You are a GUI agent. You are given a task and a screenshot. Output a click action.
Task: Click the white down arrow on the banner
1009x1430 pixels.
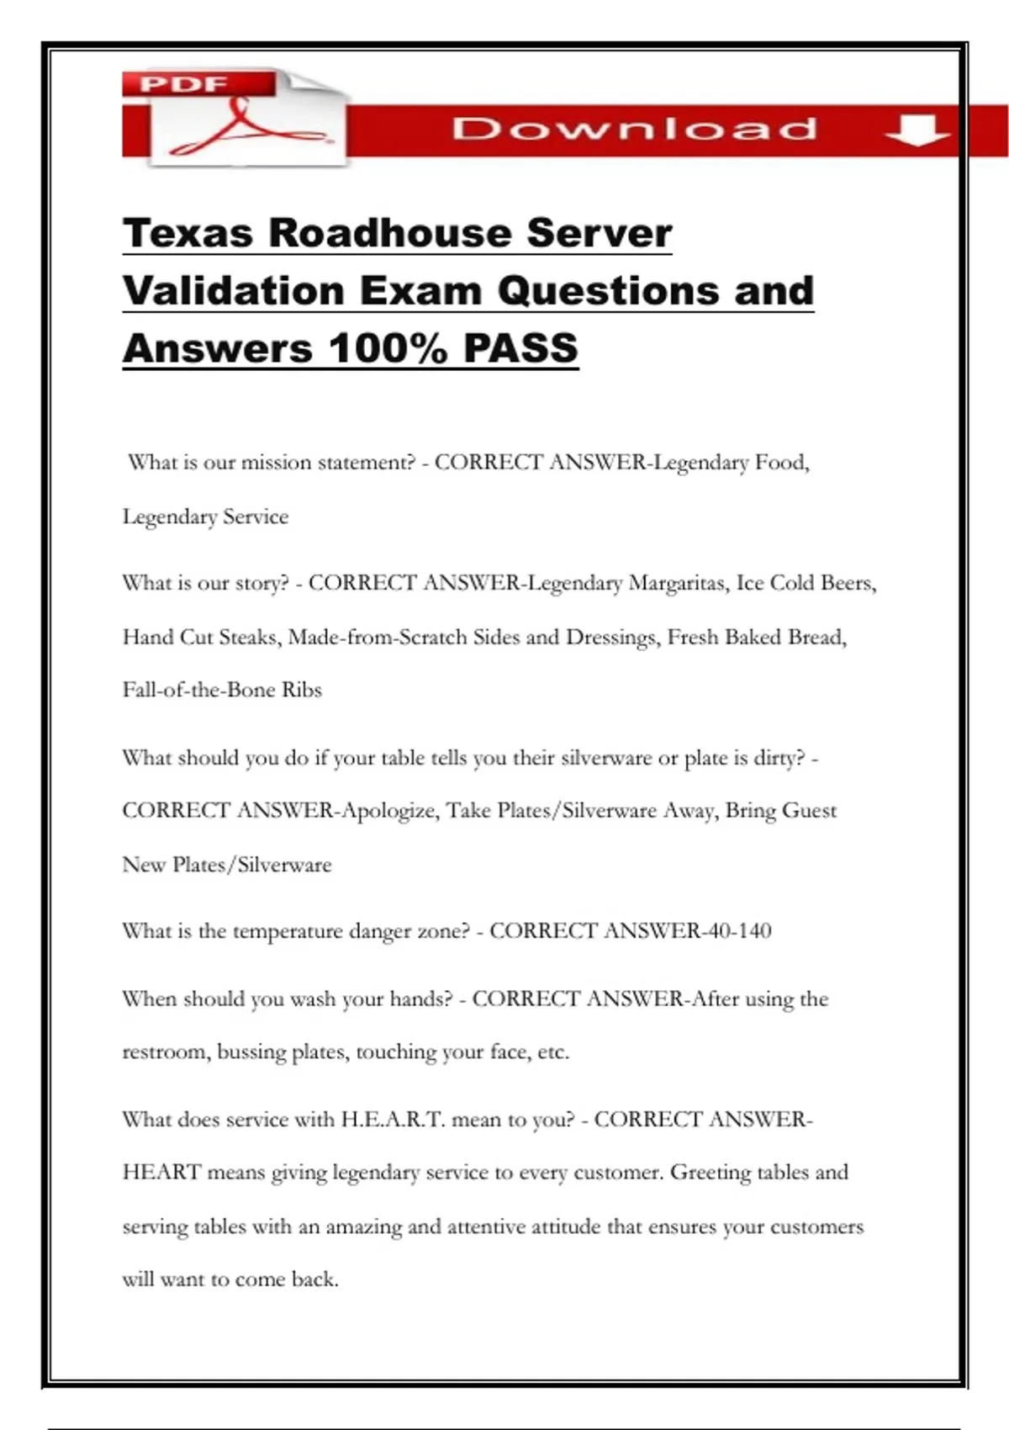[x=916, y=130]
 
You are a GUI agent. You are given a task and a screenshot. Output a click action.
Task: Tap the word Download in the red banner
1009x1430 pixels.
[x=635, y=129]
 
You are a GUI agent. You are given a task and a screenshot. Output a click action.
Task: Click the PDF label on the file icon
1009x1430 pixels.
[x=183, y=84]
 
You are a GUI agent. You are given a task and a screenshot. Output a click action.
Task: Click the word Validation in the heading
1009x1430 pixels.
[x=234, y=291]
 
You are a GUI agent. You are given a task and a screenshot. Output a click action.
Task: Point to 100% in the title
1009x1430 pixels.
[x=388, y=348]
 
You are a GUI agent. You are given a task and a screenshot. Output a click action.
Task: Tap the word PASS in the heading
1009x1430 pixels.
[x=520, y=348]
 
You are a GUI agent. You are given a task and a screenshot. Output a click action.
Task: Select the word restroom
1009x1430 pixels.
[x=165, y=1052]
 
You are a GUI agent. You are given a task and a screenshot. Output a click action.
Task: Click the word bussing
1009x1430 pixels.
[x=251, y=1052]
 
